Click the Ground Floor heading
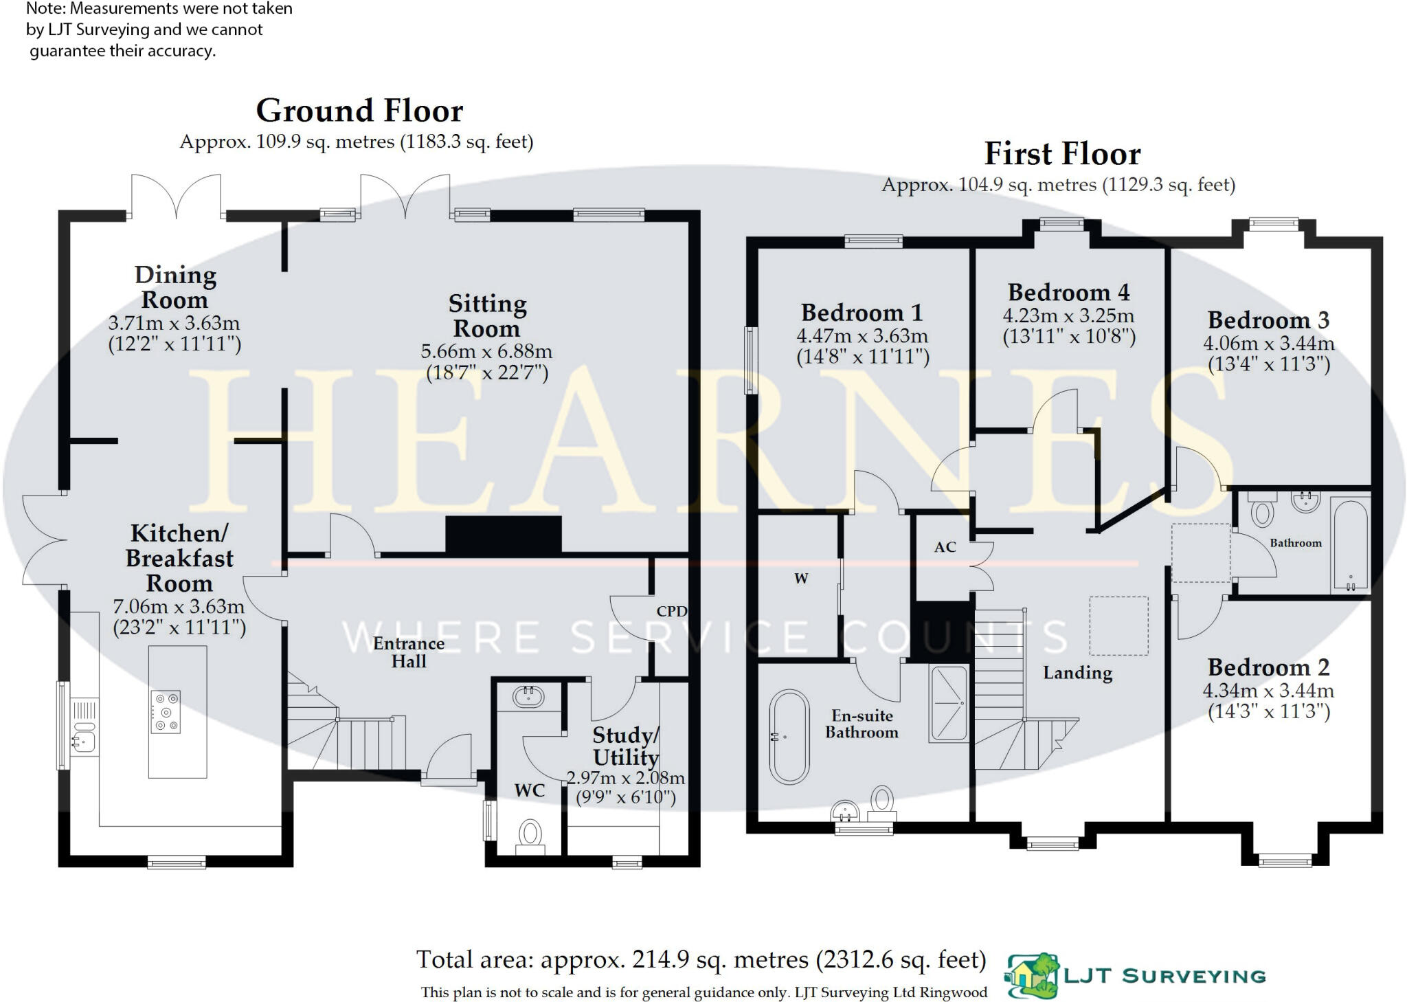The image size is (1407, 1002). pyautogui.click(x=359, y=111)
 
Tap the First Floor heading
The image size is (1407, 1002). pyautogui.click(x=1062, y=154)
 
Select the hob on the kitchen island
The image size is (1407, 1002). pyautogui.click(x=166, y=712)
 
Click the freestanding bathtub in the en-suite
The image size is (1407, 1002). pyautogui.click(x=789, y=737)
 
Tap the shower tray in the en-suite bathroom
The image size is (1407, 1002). pyautogui.click(x=948, y=704)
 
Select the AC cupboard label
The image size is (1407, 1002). pyautogui.click(x=945, y=547)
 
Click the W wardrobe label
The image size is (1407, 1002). pyautogui.click(x=801, y=579)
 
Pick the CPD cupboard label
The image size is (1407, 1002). pyautogui.click(x=671, y=611)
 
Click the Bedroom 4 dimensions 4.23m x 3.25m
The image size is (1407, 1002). pyautogui.click(x=1068, y=315)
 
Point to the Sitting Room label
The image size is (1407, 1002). pyautogui.click(x=487, y=316)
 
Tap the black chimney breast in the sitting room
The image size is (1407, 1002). pyautogui.click(x=504, y=534)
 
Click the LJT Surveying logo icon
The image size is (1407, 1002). pyautogui.click(x=1033, y=976)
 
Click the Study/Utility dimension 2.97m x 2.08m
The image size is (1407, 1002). pyautogui.click(x=625, y=778)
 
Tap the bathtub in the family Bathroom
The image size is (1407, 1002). pyautogui.click(x=1350, y=544)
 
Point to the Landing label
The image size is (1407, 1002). pyautogui.click(x=1077, y=673)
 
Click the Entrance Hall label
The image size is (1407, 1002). pyautogui.click(x=409, y=652)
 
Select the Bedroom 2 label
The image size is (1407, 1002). pyautogui.click(x=1268, y=667)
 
